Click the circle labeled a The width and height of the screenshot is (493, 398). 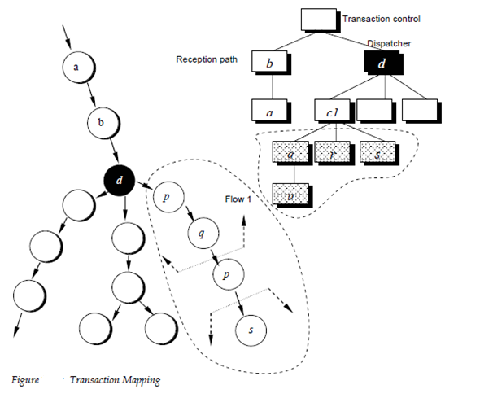[76, 68]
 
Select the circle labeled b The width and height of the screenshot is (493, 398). [103, 124]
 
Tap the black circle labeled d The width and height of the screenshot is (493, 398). [120, 182]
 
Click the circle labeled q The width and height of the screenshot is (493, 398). [200, 234]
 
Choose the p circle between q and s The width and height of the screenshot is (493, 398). [228, 276]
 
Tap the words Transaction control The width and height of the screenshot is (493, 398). [382, 19]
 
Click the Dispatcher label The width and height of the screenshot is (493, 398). [389, 43]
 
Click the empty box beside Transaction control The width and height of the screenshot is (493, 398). [318, 19]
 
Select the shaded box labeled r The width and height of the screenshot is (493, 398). [330, 151]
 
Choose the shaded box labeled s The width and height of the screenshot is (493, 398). [377, 151]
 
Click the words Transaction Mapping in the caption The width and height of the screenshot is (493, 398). [115, 380]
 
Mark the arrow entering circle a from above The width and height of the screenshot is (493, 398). [68, 36]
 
